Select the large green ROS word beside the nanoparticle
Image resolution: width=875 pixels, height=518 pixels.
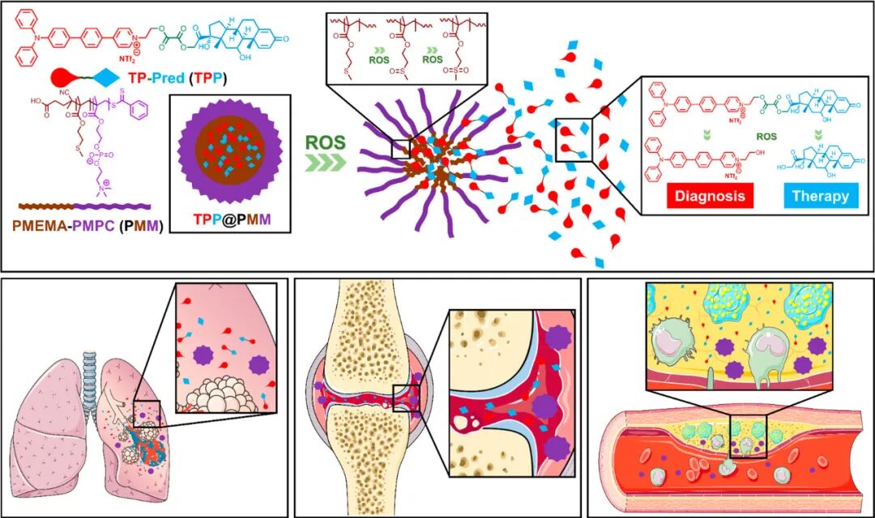tap(326, 142)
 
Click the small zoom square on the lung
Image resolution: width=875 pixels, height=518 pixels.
tap(147, 414)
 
